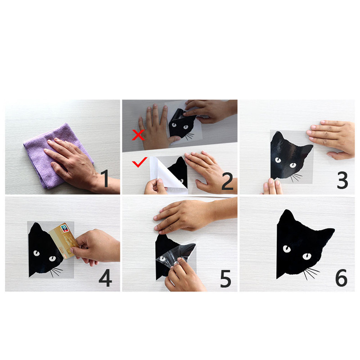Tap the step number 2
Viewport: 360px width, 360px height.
[227, 181]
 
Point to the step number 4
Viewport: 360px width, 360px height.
[105, 278]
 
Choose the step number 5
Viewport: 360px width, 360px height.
[225, 279]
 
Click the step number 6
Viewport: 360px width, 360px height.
[342, 278]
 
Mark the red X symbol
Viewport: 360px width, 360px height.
[138, 135]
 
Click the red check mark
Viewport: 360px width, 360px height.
[139, 162]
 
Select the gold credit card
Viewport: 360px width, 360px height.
[63, 241]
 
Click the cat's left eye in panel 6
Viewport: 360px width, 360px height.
[287, 249]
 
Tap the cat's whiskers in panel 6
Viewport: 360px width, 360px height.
[311, 273]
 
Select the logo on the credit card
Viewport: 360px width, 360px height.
[64, 229]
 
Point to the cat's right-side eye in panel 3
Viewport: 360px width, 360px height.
[293, 165]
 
